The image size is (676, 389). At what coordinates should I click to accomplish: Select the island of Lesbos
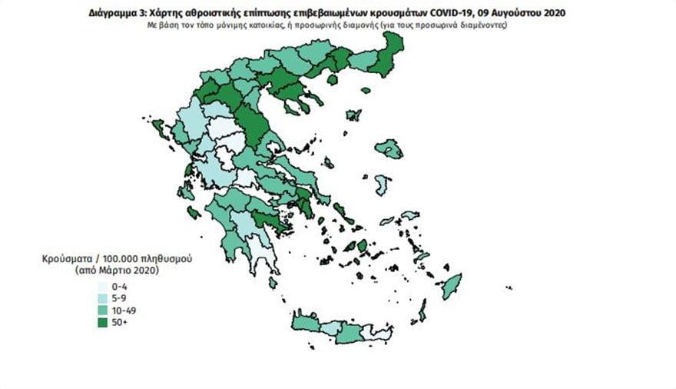coord(391,148)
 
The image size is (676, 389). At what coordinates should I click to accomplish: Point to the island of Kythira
coord(273,283)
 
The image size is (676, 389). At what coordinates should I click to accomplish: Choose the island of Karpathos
coord(422,311)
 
